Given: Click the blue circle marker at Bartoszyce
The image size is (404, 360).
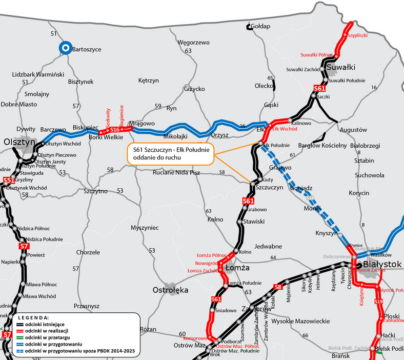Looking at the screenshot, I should (x=65, y=48).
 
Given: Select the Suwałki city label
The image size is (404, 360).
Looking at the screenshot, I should (x=341, y=67).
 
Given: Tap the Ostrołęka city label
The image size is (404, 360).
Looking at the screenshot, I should (x=171, y=290).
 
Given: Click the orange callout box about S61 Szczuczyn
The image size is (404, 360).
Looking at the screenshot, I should (x=170, y=153).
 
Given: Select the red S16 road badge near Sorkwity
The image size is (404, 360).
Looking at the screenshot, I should (x=115, y=130).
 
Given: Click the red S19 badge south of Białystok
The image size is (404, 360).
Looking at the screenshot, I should (x=379, y=302).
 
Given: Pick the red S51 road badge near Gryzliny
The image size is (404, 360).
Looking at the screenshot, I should (x=8, y=180).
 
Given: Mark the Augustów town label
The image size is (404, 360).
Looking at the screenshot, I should (x=354, y=130).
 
